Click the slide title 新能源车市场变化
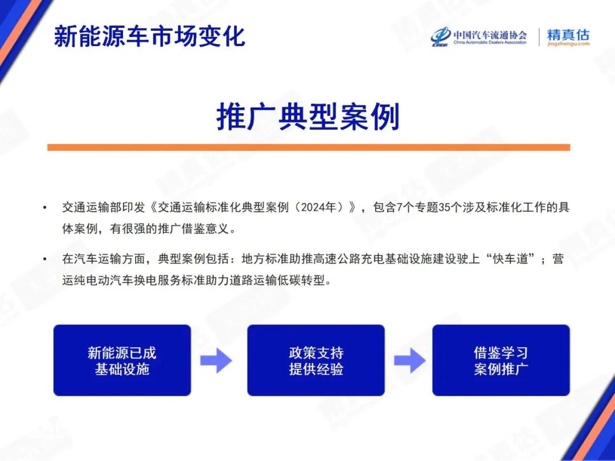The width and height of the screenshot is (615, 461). coord(149,36)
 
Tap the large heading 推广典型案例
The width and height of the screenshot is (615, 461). coord(308,117)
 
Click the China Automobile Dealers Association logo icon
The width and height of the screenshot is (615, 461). coord(440,37)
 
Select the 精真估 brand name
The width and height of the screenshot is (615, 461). coord(568,35)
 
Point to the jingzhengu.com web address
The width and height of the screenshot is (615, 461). coord(568,44)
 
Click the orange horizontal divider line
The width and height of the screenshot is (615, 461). coord(309,147)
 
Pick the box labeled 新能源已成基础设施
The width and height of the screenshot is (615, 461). coord(122,360)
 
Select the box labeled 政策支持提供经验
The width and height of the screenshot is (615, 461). coord(315,360)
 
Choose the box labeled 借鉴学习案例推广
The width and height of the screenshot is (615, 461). coord(501,360)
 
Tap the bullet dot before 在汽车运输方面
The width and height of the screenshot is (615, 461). coord(45,259)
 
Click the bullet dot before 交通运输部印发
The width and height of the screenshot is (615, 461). coord(45,207)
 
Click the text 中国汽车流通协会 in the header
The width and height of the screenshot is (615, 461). coord(490,34)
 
